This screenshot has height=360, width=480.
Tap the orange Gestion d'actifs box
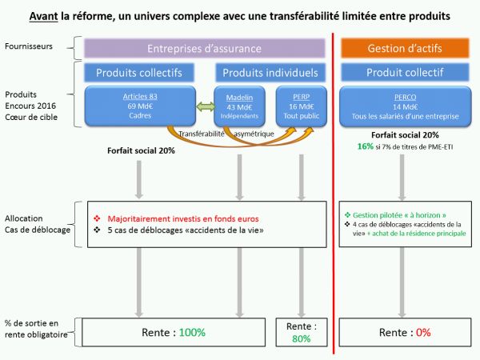[x=405, y=49]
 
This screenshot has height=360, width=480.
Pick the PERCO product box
[x=405, y=106]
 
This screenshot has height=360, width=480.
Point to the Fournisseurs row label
[x=30, y=46]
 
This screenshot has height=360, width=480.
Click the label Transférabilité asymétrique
[x=227, y=134]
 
